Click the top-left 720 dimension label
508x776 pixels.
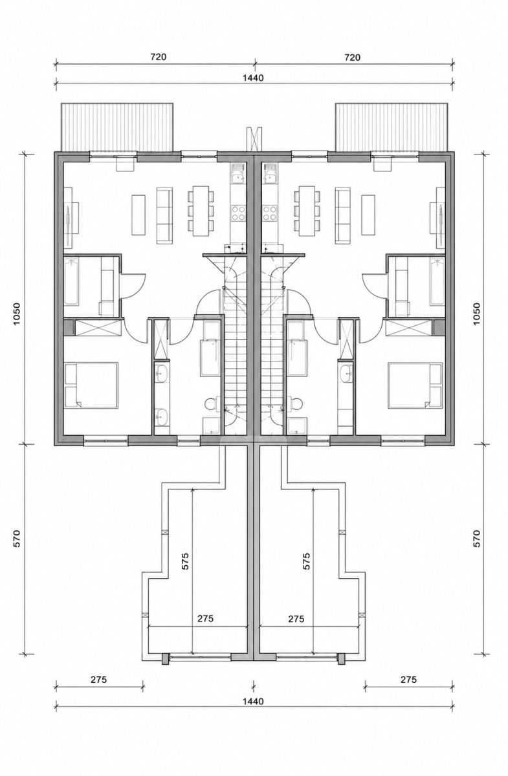point(158,57)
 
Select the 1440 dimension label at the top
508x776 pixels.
point(253,78)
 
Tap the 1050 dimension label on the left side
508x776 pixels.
point(17,314)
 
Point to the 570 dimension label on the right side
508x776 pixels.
point(477,538)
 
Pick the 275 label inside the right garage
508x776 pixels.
point(296,618)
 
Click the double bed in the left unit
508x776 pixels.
point(91,385)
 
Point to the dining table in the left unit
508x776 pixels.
point(201,211)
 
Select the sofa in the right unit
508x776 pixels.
point(342,215)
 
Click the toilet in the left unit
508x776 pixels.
point(210,404)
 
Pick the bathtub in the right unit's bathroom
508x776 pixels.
point(437,281)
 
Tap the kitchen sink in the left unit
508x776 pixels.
point(238,173)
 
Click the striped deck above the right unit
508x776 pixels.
point(391,127)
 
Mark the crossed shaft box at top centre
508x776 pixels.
point(254,139)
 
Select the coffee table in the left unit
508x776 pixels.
point(138,215)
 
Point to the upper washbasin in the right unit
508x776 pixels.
point(346,372)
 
